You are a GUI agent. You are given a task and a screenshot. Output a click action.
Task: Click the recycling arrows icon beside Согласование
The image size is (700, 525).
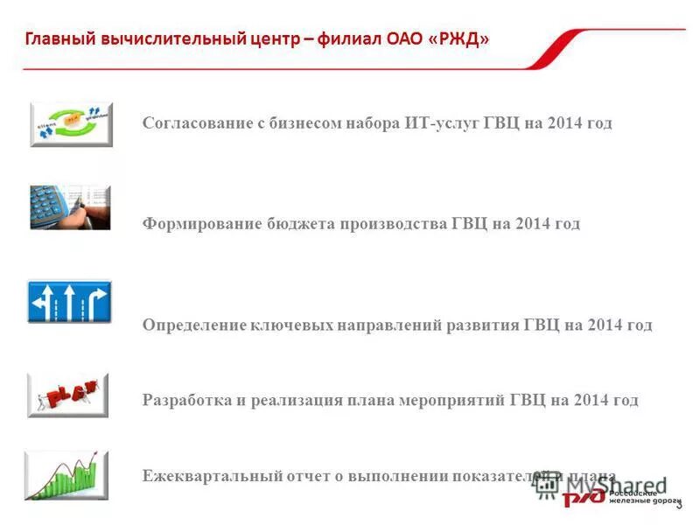[x=71, y=124]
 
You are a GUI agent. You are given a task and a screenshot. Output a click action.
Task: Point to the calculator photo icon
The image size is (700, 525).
[x=70, y=207]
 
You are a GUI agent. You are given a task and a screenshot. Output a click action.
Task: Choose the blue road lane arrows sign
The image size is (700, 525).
[x=70, y=302]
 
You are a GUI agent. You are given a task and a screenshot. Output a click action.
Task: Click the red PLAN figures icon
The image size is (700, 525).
[x=68, y=395]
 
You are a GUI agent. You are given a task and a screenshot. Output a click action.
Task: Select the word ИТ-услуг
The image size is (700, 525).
[x=443, y=123]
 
